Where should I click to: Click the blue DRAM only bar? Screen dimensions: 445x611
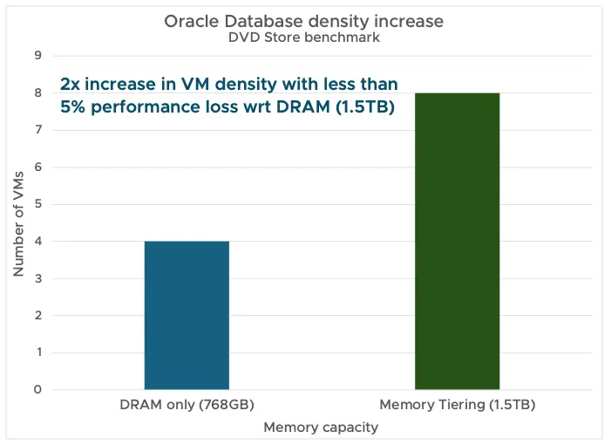(x=187, y=315)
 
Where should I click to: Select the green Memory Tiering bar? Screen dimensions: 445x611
(x=457, y=241)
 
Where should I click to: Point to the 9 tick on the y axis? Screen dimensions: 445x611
(x=38, y=56)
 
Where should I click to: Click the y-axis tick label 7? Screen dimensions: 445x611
(x=38, y=130)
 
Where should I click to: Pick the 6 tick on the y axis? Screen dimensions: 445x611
(x=38, y=167)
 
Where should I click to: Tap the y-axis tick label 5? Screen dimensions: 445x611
(x=38, y=204)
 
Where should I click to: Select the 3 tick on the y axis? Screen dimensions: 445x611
(x=38, y=278)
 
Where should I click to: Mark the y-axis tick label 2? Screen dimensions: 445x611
(x=38, y=315)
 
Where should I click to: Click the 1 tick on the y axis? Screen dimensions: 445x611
(x=38, y=353)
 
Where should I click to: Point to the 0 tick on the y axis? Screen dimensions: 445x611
(x=38, y=389)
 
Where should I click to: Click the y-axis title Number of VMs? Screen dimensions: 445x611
(x=18, y=222)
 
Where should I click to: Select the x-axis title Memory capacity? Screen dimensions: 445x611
(x=322, y=428)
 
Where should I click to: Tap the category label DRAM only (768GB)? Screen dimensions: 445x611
(x=187, y=406)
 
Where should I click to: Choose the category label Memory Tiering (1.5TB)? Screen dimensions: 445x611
(x=457, y=406)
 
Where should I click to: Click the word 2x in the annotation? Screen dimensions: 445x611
(x=71, y=85)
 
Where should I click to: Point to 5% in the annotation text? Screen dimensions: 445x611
(x=73, y=108)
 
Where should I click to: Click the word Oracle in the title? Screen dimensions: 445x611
(x=189, y=22)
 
